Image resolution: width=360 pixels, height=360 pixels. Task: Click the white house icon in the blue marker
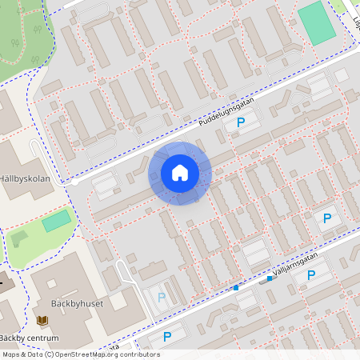tap(180, 173)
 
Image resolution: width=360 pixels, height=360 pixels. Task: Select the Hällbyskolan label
tap(30, 179)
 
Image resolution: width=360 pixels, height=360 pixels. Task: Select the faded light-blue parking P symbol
tap(162, 297)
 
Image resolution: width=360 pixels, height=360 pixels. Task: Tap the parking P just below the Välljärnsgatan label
tap(311, 274)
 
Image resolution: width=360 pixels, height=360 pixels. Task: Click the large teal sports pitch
tap(317, 23)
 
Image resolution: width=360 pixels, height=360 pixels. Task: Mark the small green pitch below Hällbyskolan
tap(56, 222)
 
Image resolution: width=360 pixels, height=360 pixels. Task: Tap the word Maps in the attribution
tap(11, 354)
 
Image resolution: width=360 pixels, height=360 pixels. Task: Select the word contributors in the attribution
tap(141, 354)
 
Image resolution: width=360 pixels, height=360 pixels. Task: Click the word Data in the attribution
tap(34, 354)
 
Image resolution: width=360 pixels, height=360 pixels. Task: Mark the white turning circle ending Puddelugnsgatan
tap(74, 182)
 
